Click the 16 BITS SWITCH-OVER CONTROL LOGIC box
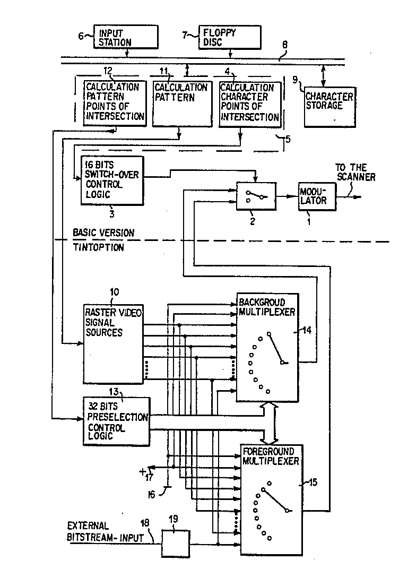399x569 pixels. coord(112,180)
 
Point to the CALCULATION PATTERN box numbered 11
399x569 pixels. coord(180,103)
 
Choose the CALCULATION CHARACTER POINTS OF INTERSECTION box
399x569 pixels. coord(249,103)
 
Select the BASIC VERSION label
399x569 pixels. coord(104,232)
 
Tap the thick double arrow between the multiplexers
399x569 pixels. coord(272,423)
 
